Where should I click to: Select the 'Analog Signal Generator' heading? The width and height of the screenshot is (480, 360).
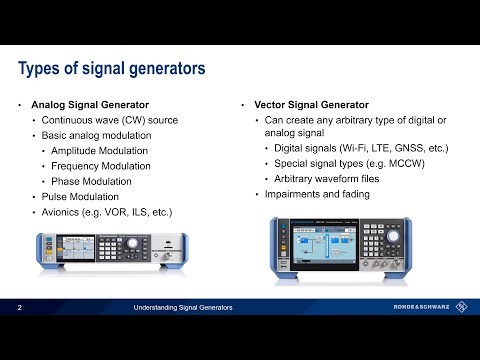(x=89, y=104)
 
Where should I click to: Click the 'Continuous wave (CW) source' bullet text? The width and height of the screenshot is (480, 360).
(x=110, y=120)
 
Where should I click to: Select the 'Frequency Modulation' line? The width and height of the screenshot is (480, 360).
(x=107, y=165)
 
